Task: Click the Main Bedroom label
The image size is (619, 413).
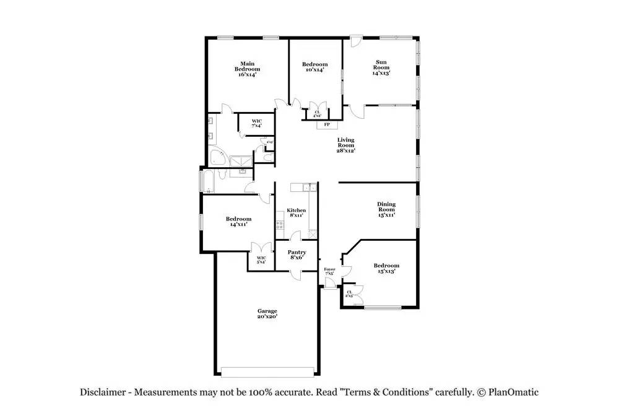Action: click(247, 69)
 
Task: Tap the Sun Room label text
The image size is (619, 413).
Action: click(381, 67)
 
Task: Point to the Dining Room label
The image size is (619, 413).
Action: click(386, 209)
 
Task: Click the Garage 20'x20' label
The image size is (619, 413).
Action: click(267, 313)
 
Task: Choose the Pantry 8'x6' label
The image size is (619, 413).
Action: click(297, 255)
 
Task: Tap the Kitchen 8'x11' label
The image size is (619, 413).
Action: click(296, 213)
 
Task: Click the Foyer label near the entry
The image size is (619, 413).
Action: click(329, 272)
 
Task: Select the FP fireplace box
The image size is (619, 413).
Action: click(326, 124)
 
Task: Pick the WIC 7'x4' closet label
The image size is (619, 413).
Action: click(256, 123)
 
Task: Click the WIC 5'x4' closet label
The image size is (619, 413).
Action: click(261, 260)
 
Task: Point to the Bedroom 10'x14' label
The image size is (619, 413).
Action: click(314, 67)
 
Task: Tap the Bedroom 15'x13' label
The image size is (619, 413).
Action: click(386, 268)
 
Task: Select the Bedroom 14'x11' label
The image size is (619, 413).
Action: click(238, 222)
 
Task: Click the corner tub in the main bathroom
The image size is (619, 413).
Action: click(217, 157)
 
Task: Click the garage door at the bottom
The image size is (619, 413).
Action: click(268, 372)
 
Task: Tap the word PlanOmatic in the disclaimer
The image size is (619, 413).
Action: click(513, 392)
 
